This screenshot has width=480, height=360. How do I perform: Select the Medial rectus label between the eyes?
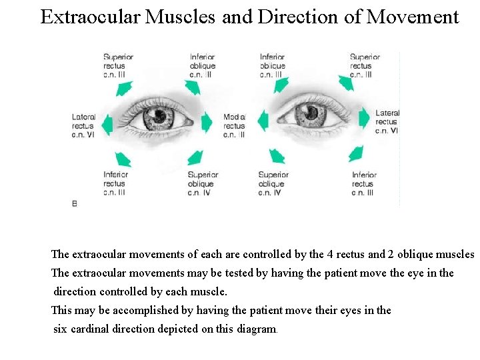pyautogui.click(x=234, y=125)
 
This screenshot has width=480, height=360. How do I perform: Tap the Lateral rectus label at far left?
pyautogui.click(x=83, y=125)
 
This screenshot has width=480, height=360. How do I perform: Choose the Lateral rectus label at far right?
pyautogui.click(x=387, y=122)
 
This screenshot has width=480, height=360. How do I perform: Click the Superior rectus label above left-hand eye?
pyautogui.click(x=118, y=65)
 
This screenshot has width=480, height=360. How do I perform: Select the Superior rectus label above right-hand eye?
pyautogui.click(x=365, y=65)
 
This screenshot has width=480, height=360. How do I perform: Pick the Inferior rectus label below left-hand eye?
pyautogui.click(x=115, y=183)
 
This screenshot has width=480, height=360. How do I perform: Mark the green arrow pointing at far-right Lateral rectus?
pyautogui.click(x=364, y=119)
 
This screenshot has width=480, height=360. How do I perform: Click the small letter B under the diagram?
pyautogui.click(x=74, y=204)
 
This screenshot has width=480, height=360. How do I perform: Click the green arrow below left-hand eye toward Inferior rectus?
pyautogui.click(x=123, y=159)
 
